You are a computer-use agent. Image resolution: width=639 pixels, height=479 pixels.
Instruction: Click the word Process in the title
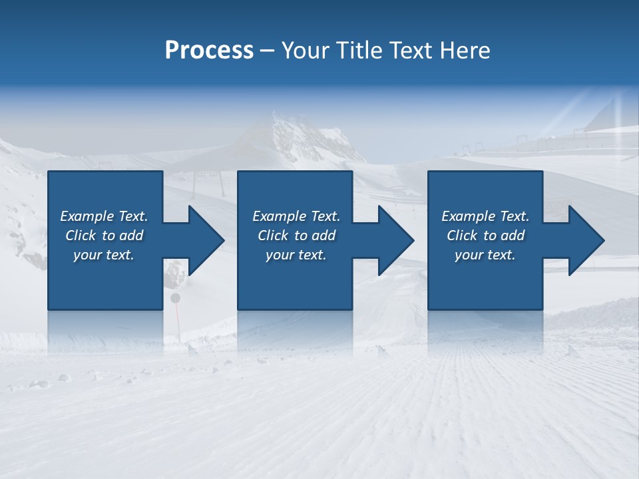pos(209,51)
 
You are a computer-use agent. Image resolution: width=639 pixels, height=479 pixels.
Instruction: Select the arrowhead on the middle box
pos(395,240)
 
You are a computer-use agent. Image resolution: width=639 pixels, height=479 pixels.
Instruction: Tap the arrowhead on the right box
pos(585,240)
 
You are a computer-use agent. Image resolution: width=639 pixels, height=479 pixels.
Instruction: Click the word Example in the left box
pos(87,216)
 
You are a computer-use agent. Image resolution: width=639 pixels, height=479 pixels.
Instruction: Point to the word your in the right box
pos(469,255)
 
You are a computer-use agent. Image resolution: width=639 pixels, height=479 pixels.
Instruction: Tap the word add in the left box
pos(132,236)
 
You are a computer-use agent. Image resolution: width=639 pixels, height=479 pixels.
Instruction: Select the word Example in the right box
pos(468,216)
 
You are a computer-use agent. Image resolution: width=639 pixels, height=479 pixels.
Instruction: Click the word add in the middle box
pos(324,236)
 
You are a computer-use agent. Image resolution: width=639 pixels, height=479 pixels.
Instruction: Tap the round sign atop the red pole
pos(176,298)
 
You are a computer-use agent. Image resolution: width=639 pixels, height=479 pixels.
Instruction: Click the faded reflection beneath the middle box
pos(295,329)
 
